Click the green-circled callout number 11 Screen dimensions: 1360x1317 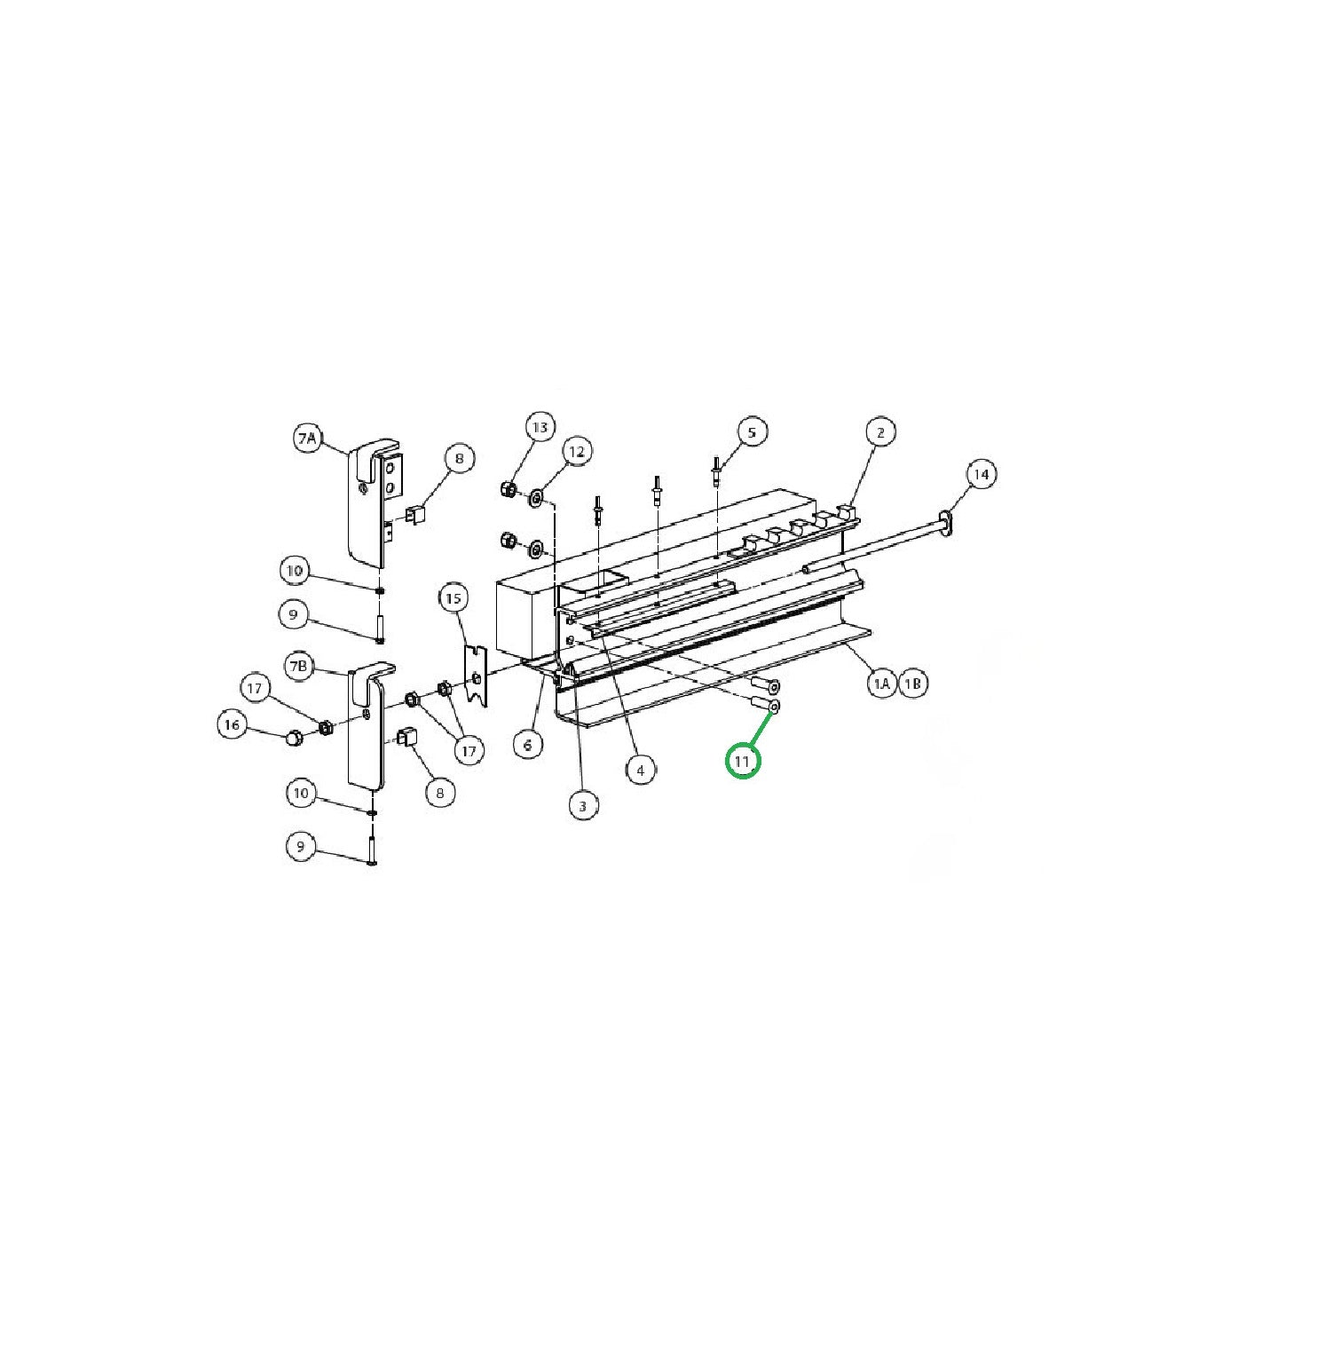coord(743,761)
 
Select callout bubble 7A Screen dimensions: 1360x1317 coord(307,438)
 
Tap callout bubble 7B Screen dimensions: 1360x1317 coord(300,666)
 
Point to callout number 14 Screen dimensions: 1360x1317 coord(981,475)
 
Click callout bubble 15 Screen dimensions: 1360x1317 coord(453,598)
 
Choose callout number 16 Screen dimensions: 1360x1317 coord(232,725)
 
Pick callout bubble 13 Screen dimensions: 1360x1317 coord(540,427)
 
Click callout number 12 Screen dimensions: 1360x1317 coord(577,452)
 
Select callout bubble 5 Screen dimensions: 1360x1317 coord(752,432)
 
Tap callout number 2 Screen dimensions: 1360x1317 coord(880,432)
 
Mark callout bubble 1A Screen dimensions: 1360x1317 coord(880,684)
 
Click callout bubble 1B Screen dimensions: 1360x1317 coord(913,684)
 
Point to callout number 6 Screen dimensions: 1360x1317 coord(528,744)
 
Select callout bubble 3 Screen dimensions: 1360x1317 coord(582,806)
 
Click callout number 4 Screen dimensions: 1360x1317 coord(641,770)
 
